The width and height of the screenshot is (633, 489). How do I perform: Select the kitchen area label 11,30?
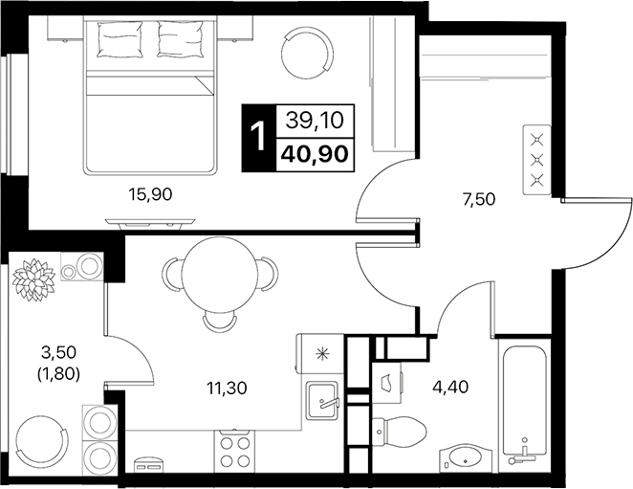(x=228, y=389)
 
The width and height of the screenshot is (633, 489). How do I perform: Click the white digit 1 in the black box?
(x=256, y=135)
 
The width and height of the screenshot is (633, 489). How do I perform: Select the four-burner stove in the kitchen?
(x=235, y=449)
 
